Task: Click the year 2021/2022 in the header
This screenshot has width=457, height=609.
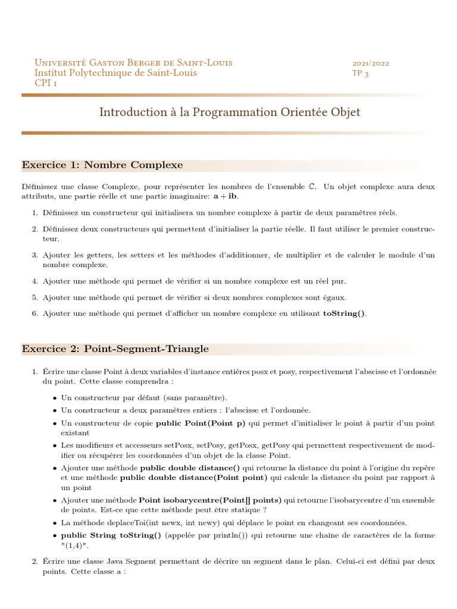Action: click(371, 63)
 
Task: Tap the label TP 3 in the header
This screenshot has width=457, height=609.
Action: click(361, 73)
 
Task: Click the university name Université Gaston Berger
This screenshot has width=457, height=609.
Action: click(133, 63)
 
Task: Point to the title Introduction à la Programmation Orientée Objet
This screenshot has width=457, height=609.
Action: click(229, 112)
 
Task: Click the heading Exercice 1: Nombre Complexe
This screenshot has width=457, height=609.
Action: click(102, 165)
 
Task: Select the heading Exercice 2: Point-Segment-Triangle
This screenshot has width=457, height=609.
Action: click(115, 349)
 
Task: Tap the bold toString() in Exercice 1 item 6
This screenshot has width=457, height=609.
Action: click(345, 314)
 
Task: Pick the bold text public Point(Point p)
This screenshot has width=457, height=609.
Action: click(201, 423)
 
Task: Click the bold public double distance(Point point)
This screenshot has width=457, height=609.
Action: click(195, 477)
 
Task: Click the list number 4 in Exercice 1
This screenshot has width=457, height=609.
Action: click(35, 281)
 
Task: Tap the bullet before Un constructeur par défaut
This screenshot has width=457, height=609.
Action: click(55, 398)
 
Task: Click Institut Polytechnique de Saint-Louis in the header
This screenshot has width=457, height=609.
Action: click(115, 73)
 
